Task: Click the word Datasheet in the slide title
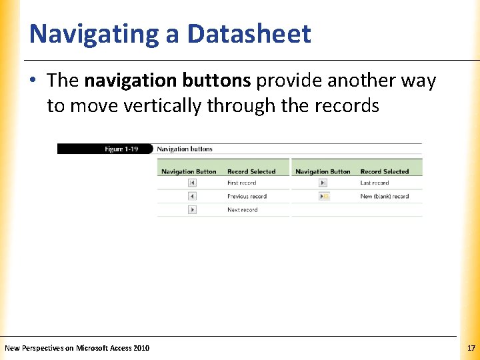[x=249, y=34]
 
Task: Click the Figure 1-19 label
[x=121, y=149]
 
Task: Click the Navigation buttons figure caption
[x=185, y=149]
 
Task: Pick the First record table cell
[x=241, y=183]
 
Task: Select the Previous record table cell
[x=247, y=196]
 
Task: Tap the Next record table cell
[x=242, y=209]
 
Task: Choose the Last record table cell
[x=374, y=183]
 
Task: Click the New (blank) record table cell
[x=384, y=196]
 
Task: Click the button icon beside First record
[x=192, y=183]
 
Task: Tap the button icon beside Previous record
[x=192, y=196]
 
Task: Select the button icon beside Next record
[x=192, y=209]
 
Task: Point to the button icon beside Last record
[x=325, y=183]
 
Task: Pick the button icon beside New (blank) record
[x=325, y=196]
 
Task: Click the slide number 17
[x=471, y=348]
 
